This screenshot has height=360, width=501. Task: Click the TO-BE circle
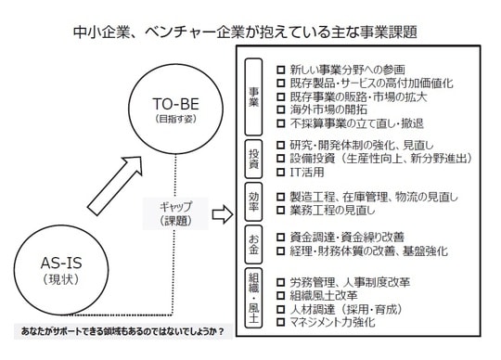pos(175,64)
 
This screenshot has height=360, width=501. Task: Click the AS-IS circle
pos(61,225)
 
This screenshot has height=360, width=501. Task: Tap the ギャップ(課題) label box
pos(175,213)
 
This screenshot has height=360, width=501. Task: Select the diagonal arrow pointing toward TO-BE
pos(115,186)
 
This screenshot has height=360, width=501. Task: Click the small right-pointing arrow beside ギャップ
pos(223,214)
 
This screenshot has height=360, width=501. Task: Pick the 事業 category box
pos(253,96)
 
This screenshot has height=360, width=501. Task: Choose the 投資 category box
pos(253,159)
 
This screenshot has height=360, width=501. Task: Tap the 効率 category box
pos(253,201)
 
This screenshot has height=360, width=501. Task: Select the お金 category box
pos(253,244)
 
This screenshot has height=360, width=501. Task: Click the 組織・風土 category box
pos(253,298)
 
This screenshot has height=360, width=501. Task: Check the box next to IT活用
pos(280,173)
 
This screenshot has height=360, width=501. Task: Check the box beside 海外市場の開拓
pos(280,109)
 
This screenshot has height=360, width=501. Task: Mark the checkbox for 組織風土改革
pos(280,295)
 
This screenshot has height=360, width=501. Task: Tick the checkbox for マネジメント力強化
pos(280,322)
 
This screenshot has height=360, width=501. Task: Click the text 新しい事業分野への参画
pos(348,70)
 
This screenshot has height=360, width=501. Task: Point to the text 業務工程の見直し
pos(332,211)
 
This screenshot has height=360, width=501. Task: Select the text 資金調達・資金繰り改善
pos(347,237)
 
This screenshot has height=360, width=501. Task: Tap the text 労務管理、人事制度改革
pos(350,282)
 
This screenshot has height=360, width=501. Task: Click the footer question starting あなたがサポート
pos(122,331)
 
